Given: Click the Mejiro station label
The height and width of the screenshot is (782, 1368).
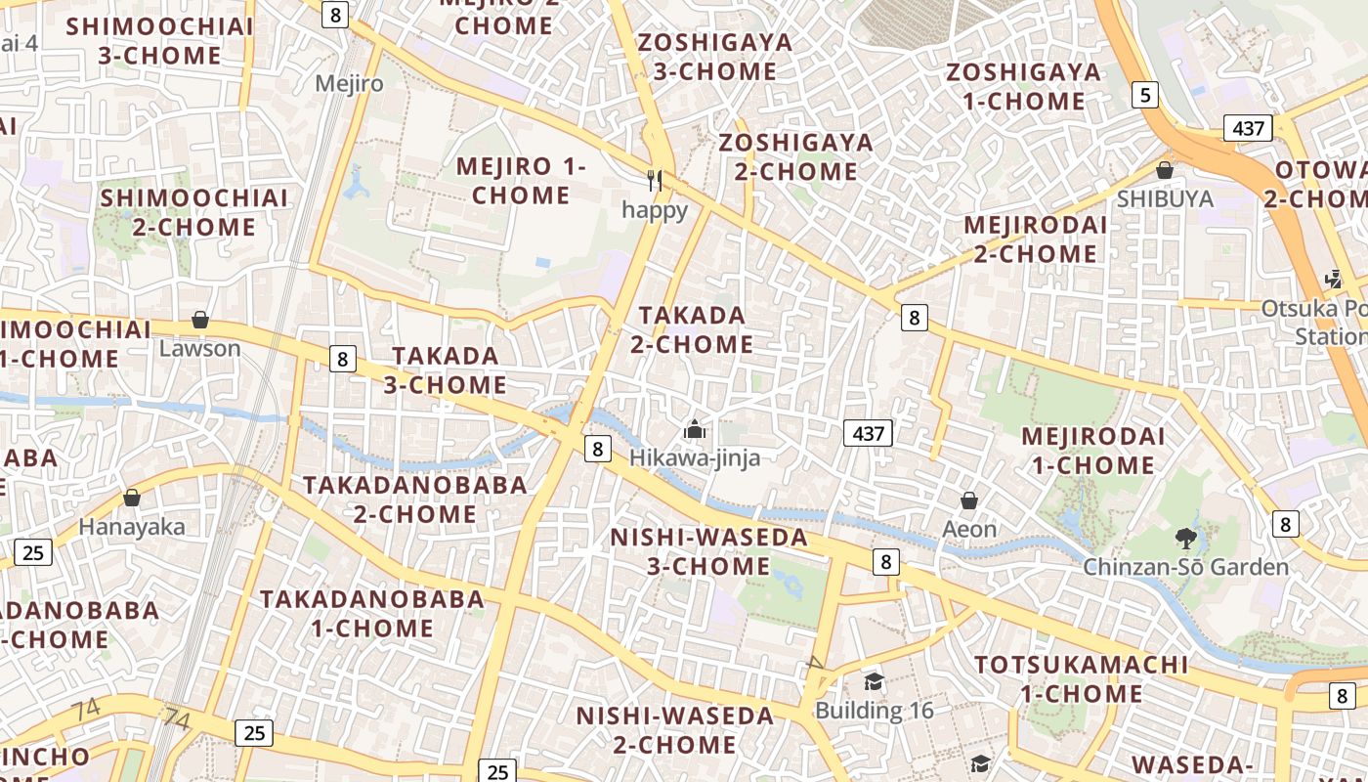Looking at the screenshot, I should [x=349, y=83].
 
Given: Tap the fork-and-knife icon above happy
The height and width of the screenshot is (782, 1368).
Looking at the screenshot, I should [x=655, y=181].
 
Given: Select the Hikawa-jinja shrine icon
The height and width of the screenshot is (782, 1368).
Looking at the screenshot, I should [x=695, y=429].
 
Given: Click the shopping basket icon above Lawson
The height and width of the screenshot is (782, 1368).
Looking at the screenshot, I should [x=200, y=320].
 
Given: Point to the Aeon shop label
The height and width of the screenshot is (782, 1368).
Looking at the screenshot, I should [x=969, y=529].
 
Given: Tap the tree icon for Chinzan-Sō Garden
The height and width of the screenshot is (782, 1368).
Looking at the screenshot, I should [x=1186, y=538].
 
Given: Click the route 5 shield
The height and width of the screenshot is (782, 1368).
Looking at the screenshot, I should [x=1145, y=95].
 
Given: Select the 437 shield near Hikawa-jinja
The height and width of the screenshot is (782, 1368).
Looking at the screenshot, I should [x=869, y=433].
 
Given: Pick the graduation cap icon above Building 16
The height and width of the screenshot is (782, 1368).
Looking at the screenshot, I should [x=874, y=681].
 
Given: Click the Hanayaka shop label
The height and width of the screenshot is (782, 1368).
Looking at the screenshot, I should [x=132, y=527].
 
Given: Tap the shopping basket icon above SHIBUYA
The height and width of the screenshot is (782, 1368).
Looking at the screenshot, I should [x=1165, y=170].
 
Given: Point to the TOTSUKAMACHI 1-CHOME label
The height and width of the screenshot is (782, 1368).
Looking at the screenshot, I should [x=1082, y=679].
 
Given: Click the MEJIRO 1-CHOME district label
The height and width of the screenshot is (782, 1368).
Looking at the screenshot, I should [x=521, y=181].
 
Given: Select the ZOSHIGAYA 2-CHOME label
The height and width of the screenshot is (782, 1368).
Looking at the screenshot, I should [x=796, y=157].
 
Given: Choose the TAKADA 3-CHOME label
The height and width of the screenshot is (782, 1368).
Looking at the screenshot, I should [x=445, y=370].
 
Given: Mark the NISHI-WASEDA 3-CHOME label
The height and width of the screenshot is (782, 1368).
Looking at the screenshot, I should [x=708, y=551].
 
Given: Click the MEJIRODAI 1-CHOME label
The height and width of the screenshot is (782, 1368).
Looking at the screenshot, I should [x=1093, y=451].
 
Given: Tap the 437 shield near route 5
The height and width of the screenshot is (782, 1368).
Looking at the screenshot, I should [x=1248, y=127].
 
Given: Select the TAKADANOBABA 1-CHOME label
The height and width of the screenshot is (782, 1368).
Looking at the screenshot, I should [x=371, y=613].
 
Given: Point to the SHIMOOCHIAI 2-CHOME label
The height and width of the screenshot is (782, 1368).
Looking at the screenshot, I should [x=194, y=212].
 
